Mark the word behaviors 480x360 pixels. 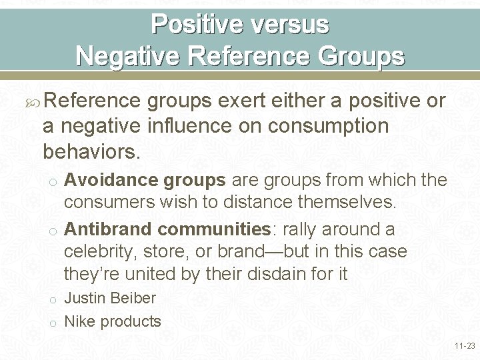click(x=91, y=152)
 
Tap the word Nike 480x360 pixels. click(x=79, y=321)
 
